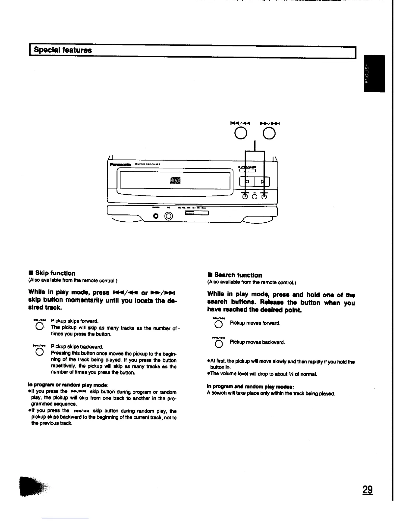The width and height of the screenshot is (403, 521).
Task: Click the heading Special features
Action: pos(63,50)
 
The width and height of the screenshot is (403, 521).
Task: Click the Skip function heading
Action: pos(55,273)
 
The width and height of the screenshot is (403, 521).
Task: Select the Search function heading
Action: pos(238,275)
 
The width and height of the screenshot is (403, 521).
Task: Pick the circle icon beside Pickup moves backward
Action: pos(218,344)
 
